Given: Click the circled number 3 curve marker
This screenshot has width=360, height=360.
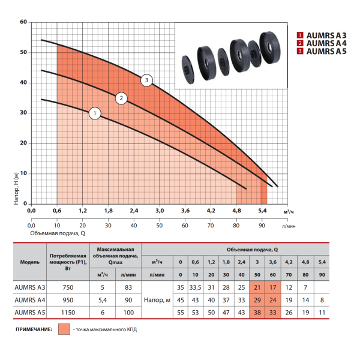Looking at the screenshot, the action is tap(146, 80).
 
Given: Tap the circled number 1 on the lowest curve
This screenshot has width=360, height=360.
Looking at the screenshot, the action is tap(95, 113).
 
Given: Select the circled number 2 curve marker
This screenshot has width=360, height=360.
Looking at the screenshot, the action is tap(121, 98).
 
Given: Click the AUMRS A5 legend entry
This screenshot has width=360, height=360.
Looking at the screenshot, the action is tap(322, 51).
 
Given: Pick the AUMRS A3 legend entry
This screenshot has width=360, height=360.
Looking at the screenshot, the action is tap(322, 35).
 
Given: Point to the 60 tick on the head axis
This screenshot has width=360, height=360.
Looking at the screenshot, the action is tap(23, 22).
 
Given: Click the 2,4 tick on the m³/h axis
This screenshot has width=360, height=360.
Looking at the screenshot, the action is tap(134, 211).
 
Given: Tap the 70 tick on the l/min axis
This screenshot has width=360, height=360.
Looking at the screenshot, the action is tap(211, 226).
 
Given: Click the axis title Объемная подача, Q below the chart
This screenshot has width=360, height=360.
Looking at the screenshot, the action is tap(58, 233).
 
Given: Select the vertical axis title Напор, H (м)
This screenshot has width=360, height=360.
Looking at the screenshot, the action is tap(16, 188).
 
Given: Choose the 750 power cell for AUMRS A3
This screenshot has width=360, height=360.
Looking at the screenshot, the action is tap(68, 287).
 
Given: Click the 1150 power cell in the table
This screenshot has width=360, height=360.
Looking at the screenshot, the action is tap(68, 313).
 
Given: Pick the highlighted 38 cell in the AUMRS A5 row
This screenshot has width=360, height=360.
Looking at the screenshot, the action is tap(257, 313).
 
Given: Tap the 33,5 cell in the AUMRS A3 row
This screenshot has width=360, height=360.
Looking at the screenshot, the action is tap(195, 287).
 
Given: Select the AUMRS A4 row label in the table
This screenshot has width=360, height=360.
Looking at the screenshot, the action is tap(30, 300).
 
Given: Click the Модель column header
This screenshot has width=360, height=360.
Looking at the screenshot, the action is tap(30, 262).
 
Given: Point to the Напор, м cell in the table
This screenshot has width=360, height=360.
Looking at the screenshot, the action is tap(157, 300).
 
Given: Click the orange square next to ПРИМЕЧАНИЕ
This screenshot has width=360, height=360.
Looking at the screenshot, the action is tap(64, 329).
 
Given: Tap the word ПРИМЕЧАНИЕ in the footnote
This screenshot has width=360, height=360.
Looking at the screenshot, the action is tap(34, 329).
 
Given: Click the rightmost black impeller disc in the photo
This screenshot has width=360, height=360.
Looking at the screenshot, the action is tap(270, 47).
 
